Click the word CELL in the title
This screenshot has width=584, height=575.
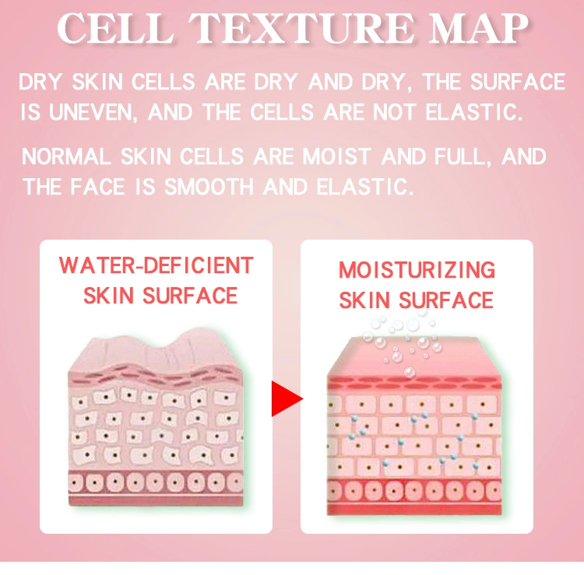pyautogui.click(x=115, y=28)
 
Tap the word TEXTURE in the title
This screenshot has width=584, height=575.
pyautogui.click(x=302, y=28)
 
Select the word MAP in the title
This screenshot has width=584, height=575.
pyautogui.click(x=479, y=28)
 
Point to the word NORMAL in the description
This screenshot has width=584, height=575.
pyautogui.click(x=66, y=156)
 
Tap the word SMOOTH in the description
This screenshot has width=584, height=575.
pyautogui.click(x=209, y=187)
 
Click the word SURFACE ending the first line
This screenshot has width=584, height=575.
pyautogui.click(x=518, y=82)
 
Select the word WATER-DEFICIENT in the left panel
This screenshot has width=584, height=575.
pyautogui.click(x=156, y=265)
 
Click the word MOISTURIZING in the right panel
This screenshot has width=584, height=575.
pyautogui.click(x=417, y=270)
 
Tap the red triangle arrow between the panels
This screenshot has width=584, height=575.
pyautogui.click(x=287, y=399)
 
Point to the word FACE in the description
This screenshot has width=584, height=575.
pyautogui.click(x=97, y=187)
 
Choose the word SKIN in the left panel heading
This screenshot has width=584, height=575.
pyautogui.click(x=108, y=296)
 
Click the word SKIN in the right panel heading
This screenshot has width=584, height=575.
pyautogui.click(x=364, y=300)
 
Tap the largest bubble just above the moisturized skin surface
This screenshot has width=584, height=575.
pyautogui.click(x=413, y=324)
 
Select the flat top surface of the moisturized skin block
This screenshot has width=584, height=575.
pyautogui.click(x=414, y=357)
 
